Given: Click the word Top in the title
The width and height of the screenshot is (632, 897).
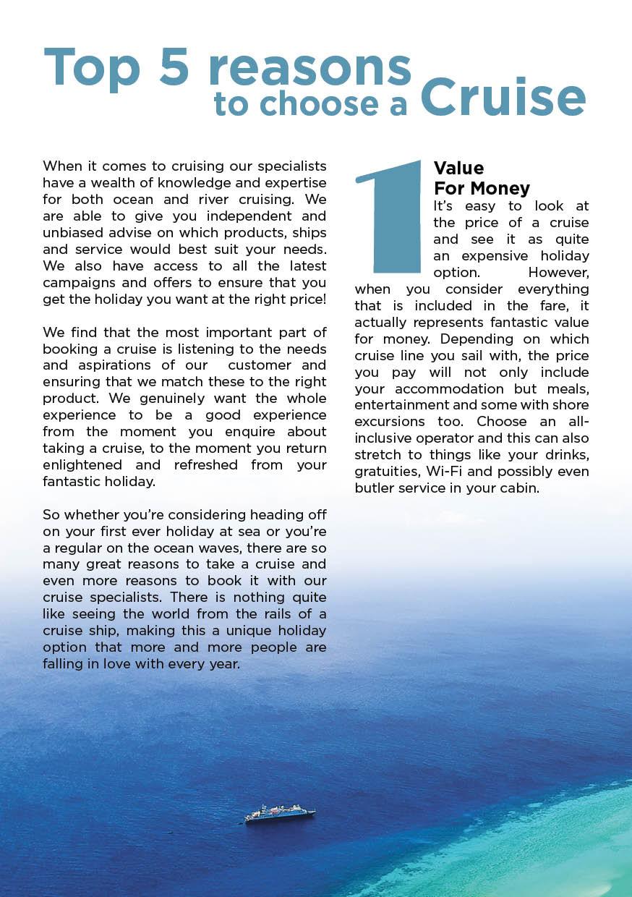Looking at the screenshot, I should pyautogui.click(x=92, y=69).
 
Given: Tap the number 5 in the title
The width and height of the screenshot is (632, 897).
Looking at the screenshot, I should pyautogui.click(x=174, y=69).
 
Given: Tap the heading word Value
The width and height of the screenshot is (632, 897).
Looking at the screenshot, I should pyautogui.click(x=458, y=169).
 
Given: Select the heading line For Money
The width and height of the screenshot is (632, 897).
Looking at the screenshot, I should pyautogui.click(x=482, y=188).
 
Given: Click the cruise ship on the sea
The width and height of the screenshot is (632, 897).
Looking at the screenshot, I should pyautogui.click(x=280, y=813).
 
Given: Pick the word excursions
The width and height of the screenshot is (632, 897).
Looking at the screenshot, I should pyautogui.click(x=390, y=422).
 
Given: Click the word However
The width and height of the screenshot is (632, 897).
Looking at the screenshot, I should pyautogui.click(x=558, y=272).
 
